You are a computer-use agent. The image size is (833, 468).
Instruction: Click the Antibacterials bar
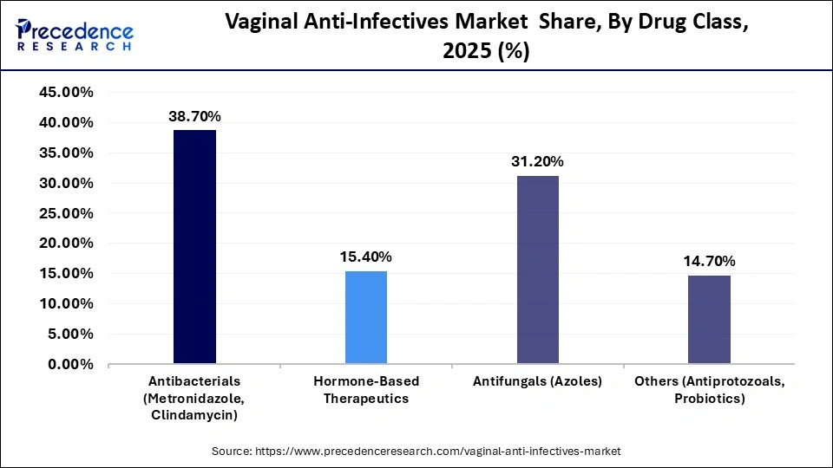[194, 247]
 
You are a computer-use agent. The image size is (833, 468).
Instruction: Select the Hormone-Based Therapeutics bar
[366, 317]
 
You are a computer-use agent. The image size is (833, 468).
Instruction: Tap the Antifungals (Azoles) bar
[538, 270]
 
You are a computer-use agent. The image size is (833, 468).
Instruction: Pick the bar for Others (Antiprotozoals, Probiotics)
[709, 320]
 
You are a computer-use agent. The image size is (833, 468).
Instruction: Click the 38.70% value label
[194, 116]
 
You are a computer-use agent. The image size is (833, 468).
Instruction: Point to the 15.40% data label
[366, 257]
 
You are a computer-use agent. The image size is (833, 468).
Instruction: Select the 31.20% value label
[538, 161]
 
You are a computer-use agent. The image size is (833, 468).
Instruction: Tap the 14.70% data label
[709, 261]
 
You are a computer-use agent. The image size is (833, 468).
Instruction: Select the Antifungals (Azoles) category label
[538, 381]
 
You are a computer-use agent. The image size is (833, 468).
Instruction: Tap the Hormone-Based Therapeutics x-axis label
[366, 390]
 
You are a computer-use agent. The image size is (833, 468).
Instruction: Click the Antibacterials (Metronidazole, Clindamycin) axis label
[194, 398]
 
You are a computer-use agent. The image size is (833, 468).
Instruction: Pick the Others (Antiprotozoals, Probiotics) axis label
[709, 390]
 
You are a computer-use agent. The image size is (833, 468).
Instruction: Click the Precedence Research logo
[75, 35]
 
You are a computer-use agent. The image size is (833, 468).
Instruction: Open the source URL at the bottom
[416, 452]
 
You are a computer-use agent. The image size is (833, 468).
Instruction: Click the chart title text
[486, 37]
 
